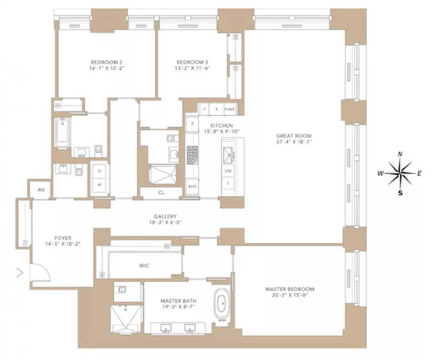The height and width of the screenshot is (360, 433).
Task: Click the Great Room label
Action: [294, 136]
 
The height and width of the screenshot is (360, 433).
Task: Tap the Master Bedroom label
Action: [290, 289]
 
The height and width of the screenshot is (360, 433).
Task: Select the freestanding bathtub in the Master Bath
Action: [222, 304]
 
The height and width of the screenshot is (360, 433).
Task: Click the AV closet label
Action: [41, 190]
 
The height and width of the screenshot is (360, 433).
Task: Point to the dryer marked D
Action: [100, 171]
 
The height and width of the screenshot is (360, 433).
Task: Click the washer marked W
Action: [100, 185]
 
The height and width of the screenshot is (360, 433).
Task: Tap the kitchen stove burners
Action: [193, 155]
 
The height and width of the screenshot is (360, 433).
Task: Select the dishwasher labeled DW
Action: [228, 171]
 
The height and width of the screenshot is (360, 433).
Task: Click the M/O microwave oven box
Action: [192, 186]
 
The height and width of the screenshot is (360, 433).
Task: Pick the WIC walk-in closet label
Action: [144, 266]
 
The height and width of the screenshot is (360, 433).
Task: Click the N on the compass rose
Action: [400, 154]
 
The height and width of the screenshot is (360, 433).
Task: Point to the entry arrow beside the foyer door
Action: [20, 273]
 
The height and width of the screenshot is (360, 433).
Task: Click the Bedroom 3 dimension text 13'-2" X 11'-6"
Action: [192, 68]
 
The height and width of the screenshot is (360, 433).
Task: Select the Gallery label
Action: [165, 217]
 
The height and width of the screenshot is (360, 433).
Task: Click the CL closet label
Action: [161, 193]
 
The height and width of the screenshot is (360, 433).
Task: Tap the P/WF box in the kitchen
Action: [230, 109]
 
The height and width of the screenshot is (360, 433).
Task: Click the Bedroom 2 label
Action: [107, 62]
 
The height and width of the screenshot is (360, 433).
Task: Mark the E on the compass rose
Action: [419, 174]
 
